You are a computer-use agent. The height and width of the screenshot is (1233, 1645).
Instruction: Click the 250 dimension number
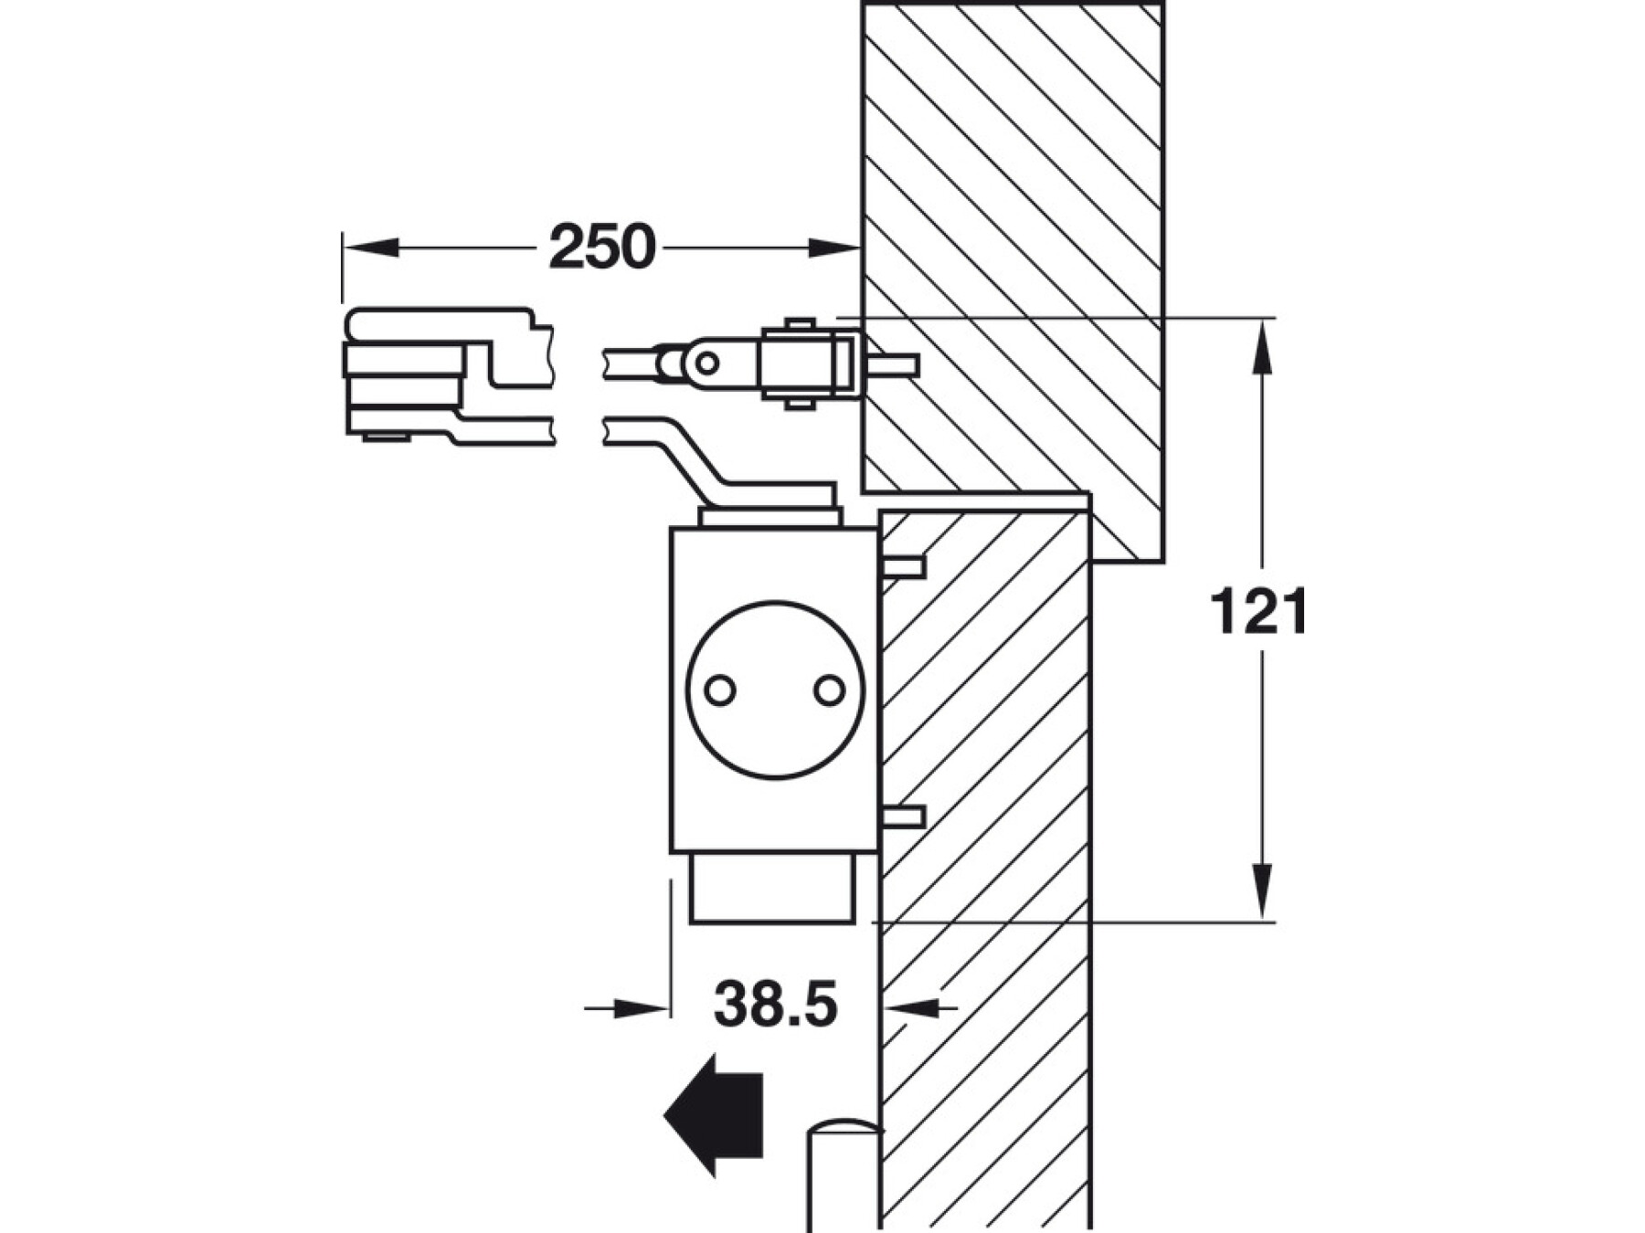click(x=602, y=247)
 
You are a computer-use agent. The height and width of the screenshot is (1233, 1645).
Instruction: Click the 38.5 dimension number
click(x=775, y=1005)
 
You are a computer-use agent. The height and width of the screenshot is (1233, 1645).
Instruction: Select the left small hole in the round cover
click(x=720, y=690)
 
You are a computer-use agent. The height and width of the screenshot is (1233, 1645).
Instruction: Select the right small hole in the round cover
click(x=829, y=690)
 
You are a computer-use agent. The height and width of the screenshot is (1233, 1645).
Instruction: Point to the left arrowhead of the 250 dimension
click(x=370, y=247)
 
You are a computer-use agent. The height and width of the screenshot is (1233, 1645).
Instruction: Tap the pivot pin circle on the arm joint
click(x=706, y=364)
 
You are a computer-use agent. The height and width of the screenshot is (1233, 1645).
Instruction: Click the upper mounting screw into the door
click(x=903, y=567)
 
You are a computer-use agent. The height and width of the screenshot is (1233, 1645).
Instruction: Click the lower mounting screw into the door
click(x=903, y=817)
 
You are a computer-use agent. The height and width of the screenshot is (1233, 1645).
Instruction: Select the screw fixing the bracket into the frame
click(x=892, y=365)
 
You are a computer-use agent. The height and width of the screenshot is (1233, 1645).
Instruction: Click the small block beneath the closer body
click(x=772, y=888)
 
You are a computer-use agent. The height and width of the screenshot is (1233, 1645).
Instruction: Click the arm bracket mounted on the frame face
click(x=804, y=364)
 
